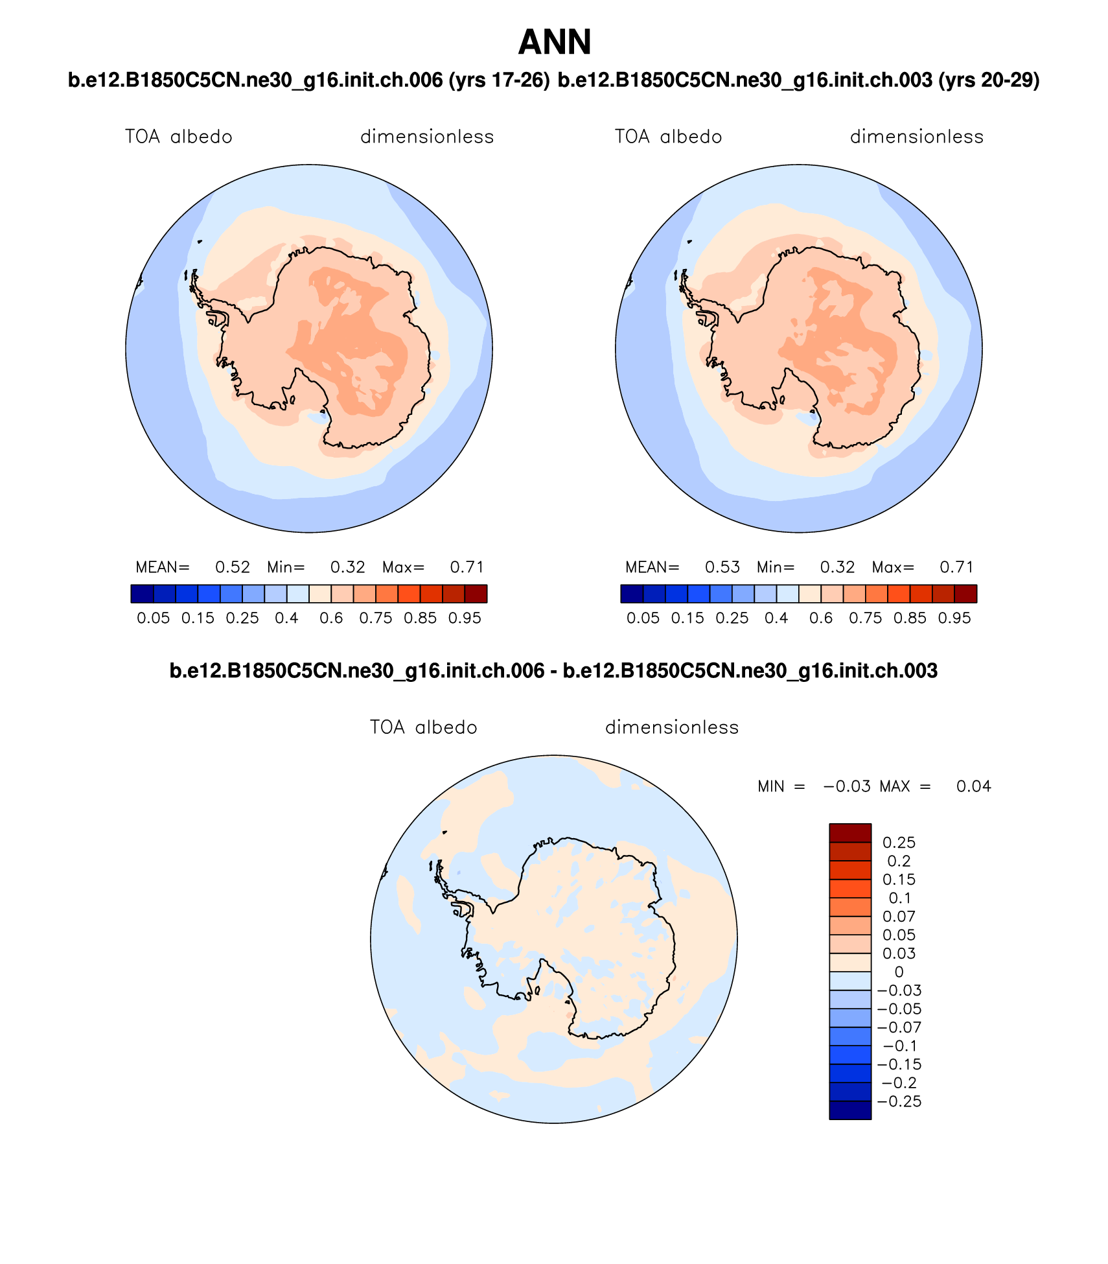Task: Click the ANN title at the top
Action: click(555, 43)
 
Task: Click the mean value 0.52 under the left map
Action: click(233, 567)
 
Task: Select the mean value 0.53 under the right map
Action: click(722, 567)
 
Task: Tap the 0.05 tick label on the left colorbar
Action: click(153, 618)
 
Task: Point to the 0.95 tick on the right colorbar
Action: click(954, 618)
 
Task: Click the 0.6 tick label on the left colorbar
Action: click(331, 618)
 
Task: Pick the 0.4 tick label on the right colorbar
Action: click(776, 618)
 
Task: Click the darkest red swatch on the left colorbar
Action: click(476, 594)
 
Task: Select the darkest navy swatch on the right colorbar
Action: click(632, 594)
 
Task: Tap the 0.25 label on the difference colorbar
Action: click(899, 843)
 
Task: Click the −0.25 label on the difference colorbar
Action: click(899, 1101)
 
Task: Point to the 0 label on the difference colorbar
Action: click(899, 972)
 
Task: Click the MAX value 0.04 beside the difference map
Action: click(974, 786)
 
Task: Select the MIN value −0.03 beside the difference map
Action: click(847, 786)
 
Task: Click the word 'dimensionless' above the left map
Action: click(427, 137)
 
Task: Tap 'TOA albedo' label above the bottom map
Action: click(424, 727)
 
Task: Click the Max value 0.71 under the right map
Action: click(957, 567)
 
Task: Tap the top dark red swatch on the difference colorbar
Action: click(850, 833)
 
